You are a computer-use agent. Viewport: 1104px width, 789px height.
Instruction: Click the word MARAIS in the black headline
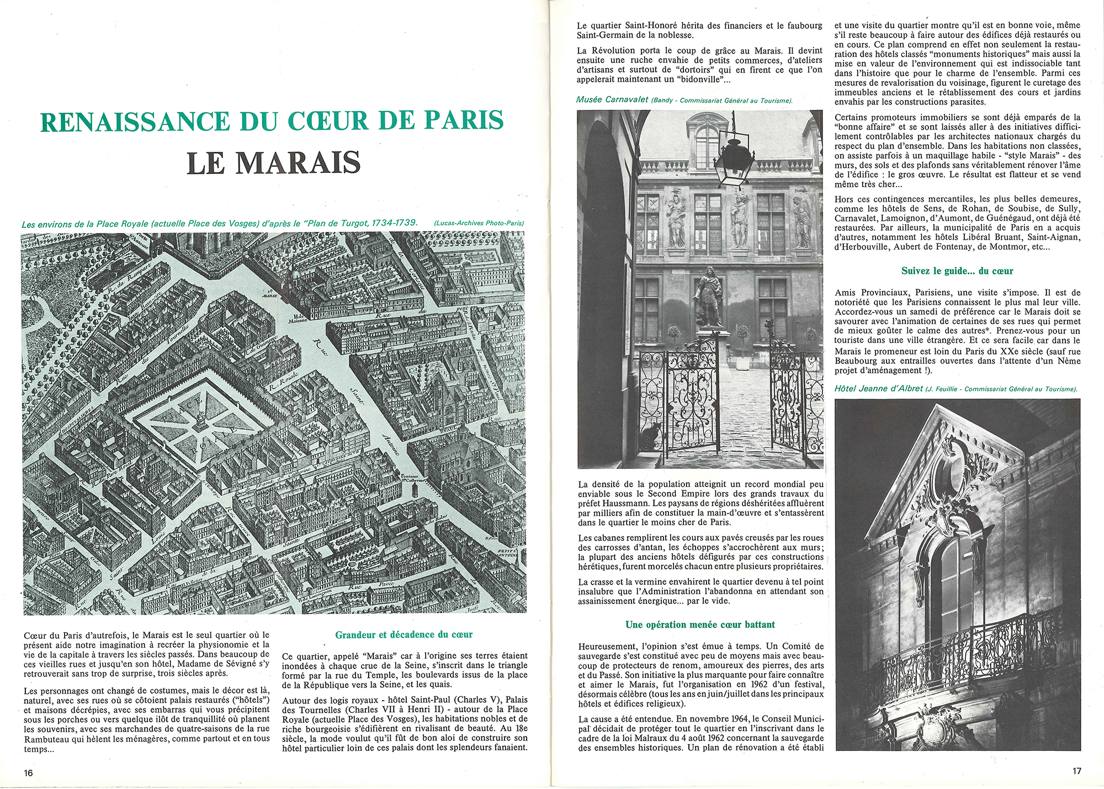[x=298, y=162]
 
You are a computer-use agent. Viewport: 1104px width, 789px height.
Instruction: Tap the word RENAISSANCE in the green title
[x=135, y=121]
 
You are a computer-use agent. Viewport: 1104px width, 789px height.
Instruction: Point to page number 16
[x=29, y=772]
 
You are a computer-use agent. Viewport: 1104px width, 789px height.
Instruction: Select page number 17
[x=1076, y=771]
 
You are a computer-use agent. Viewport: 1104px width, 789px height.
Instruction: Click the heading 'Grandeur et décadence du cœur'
[x=404, y=635]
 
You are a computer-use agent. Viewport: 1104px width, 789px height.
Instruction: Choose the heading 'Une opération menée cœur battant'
[x=700, y=624]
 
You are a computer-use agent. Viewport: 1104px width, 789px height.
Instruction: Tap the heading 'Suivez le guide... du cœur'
[x=957, y=271]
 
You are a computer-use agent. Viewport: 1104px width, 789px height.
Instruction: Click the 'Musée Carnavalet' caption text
[x=612, y=100]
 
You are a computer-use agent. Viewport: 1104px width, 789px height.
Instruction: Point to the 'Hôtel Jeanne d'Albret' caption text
[x=878, y=389]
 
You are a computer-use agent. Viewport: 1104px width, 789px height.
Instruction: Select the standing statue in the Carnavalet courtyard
[x=708, y=298]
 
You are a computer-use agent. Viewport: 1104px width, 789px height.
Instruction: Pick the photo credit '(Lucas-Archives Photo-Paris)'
[x=479, y=224]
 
